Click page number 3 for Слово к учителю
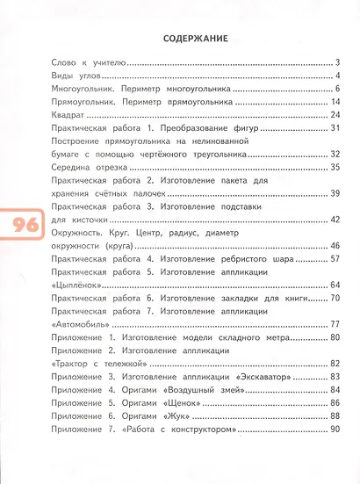(337, 63)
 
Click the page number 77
(335, 323)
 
